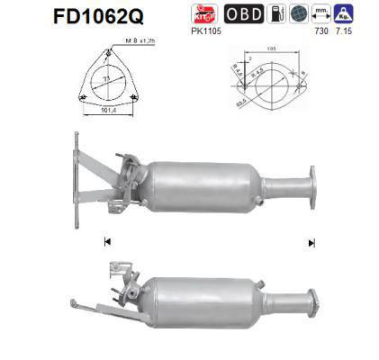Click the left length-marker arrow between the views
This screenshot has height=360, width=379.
(108, 241)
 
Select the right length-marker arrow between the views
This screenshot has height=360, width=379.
(311, 241)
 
